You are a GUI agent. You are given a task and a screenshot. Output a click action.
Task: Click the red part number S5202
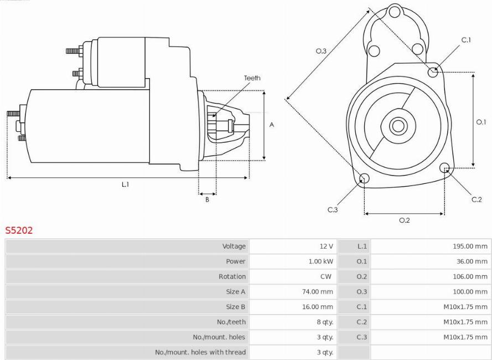coord(19,230)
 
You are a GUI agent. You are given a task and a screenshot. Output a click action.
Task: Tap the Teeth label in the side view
coord(252,78)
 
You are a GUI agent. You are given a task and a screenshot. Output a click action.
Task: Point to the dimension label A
coord(272,125)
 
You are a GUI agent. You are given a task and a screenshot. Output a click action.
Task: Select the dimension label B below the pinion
coord(207,199)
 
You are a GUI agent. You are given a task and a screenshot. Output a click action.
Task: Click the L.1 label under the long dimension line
coord(126,184)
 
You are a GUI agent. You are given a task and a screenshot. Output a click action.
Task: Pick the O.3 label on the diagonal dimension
coord(321,51)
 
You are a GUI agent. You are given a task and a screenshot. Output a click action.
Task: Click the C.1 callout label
coord(466,40)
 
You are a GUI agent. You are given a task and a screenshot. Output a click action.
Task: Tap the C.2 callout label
coord(477,199)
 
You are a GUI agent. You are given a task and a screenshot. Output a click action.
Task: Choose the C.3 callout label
coord(333,209)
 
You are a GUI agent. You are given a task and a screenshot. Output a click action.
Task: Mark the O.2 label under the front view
coord(405,220)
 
